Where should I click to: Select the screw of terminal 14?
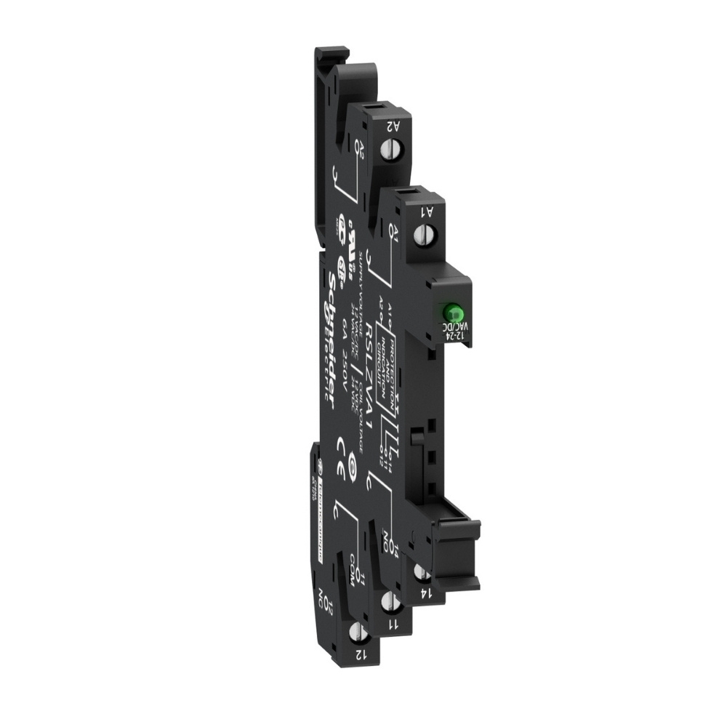421,573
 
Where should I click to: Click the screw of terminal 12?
356,631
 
